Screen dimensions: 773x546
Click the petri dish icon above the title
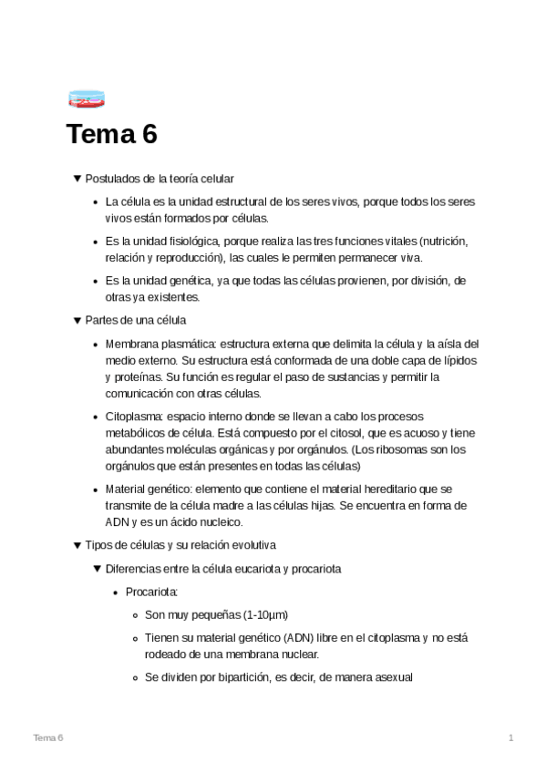tap(86, 98)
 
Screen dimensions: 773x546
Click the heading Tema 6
tap(111, 135)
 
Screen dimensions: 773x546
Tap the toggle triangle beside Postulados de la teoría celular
tap(77, 179)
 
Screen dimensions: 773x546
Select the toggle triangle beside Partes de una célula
tap(77, 320)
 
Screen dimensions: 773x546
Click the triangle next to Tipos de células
tap(77, 545)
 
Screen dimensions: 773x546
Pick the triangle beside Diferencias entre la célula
tap(98, 569)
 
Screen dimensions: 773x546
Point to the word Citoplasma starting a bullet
tap(133, 416)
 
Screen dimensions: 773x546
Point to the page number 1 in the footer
tap(511, 737)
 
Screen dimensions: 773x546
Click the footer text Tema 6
tap(47, 737)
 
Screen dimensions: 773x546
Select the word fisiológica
tap(195, 242)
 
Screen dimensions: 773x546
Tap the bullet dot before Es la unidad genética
tap(96, 282)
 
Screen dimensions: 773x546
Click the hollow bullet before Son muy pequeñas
tap(135, 615)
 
